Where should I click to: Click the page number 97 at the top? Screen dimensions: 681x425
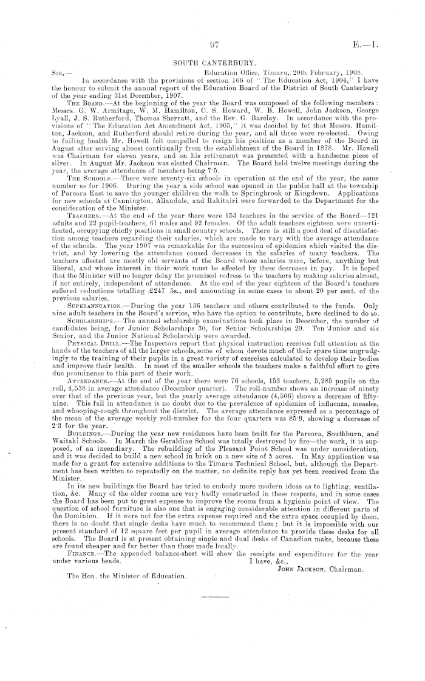[212, 44]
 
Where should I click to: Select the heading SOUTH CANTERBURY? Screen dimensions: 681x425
[212, 62]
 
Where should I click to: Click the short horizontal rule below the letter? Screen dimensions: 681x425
[212, 595]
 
